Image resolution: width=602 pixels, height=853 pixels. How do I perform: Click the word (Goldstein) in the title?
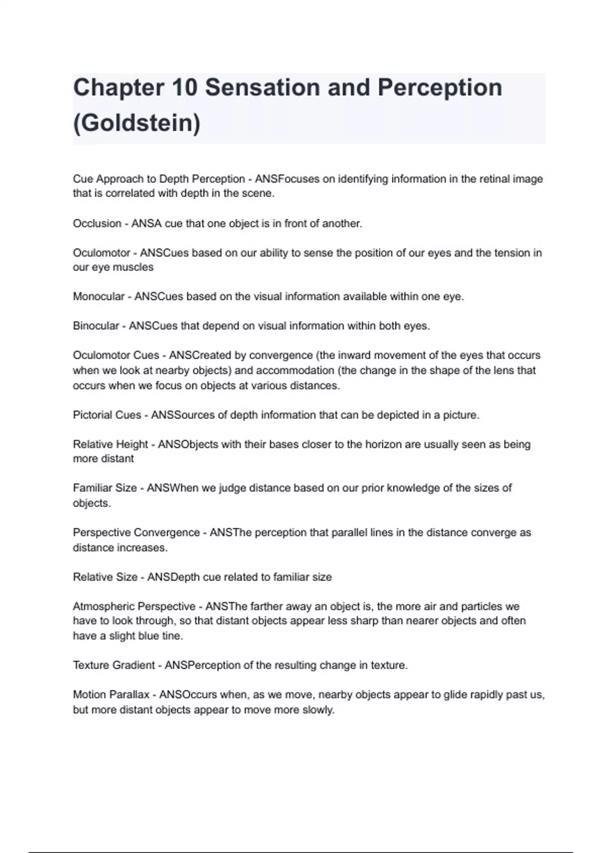136,123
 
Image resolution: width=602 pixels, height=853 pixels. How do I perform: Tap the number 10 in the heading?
184,88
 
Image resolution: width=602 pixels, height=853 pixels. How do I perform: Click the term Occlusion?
97,224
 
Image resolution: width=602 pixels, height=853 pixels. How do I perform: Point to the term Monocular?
98,297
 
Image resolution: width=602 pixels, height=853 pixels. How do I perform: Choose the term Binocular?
96,326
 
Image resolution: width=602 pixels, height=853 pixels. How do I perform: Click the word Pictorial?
92,415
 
